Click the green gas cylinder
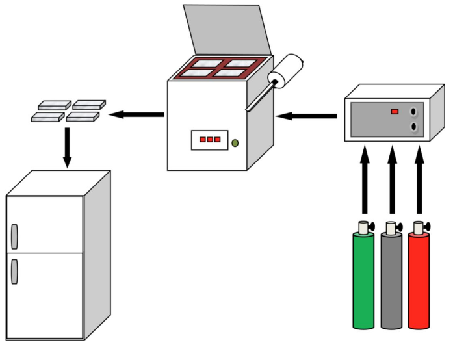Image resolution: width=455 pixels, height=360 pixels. (363, 283)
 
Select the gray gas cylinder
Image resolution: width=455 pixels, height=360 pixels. (390, 283)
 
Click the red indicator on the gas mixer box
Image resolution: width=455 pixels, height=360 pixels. (395, 112)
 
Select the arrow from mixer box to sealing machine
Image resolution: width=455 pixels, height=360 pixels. (305, 116)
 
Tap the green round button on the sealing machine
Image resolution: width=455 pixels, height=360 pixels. (235, 143)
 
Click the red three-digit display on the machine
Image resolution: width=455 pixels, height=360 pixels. (210, 140)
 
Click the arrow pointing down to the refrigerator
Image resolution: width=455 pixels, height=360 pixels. (67, 146)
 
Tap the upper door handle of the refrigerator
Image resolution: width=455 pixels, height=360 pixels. (15, 237)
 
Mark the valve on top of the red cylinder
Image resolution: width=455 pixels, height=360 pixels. (419, 227)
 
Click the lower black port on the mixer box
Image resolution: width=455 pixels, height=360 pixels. (414, 127)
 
